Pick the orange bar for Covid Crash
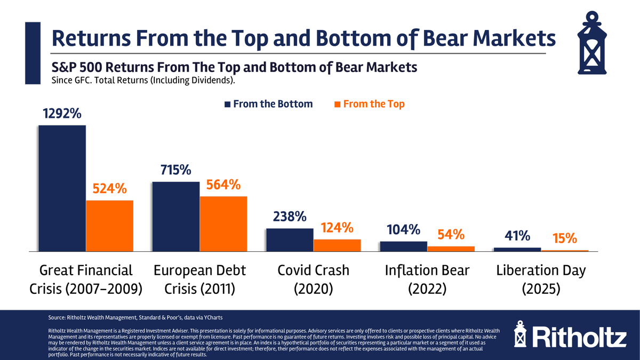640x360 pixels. [337, 245]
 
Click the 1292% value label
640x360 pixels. [62, 114]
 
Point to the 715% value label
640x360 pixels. [175, 170]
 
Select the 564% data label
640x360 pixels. [223, 185]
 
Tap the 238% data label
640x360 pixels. [290, 217]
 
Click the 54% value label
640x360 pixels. [451, 234]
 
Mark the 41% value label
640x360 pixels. [517, 236]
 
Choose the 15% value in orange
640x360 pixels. [565, 238]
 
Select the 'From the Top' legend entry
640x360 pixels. [369, 104]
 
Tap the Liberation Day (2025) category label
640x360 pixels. [541, 279]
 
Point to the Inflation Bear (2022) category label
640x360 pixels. [427, 279]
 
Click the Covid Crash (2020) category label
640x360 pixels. [313, 279]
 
